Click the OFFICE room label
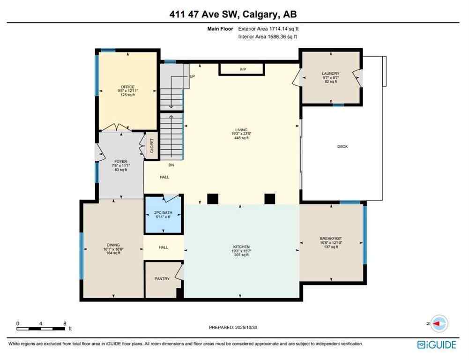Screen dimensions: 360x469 tap(127, 87)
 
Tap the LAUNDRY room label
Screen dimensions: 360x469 tap(330, 74)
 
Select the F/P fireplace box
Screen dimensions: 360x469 tap(243, 69)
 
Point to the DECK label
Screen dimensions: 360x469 tap(342, 147)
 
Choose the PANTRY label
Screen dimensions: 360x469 tap(162, 279)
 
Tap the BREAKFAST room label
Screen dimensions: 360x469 tap(331, 239)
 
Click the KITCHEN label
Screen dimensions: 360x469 tap(242, 247)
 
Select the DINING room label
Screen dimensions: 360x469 tap(113, 245)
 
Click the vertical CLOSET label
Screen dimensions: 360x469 tap(151, 145)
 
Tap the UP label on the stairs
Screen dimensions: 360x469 tap(192, 76)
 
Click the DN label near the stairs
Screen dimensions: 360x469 tap(171, 165)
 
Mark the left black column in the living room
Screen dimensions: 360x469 tap(213, 199)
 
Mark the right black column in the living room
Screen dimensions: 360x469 tap(269, 199)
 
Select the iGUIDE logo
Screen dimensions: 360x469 tap(436, 345)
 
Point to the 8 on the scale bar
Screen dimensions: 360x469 tap(65, 323)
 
